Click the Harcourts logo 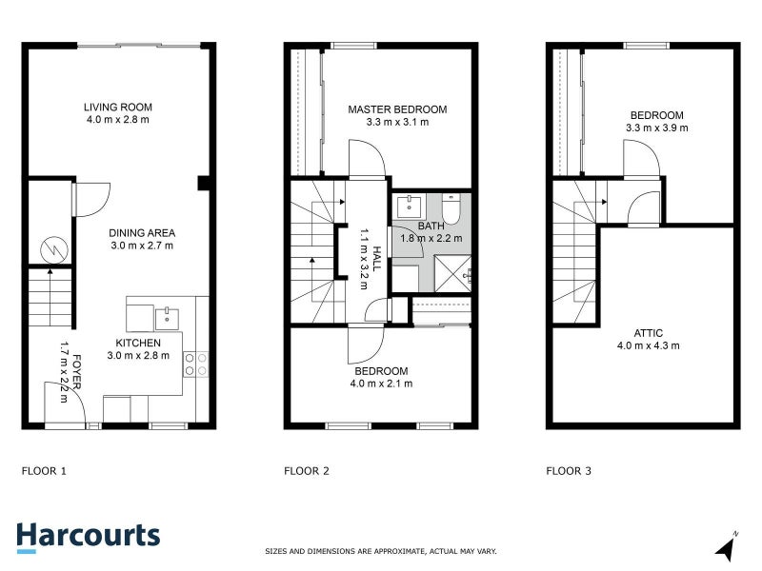tap(88, 535)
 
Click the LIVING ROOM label tap(117, 108)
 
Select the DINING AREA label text tap(141, 233)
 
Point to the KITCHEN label tap(138, 343)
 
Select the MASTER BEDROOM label tap(397, 109)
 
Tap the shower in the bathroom tap(454, 272)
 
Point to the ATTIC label tap(648, 333)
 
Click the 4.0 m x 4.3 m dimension tap(649, 345)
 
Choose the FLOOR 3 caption tap(569, 470)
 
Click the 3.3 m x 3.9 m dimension tap(656, 128)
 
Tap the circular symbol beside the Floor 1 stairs tap(54, 249)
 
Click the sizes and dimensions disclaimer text tap(380, 551)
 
